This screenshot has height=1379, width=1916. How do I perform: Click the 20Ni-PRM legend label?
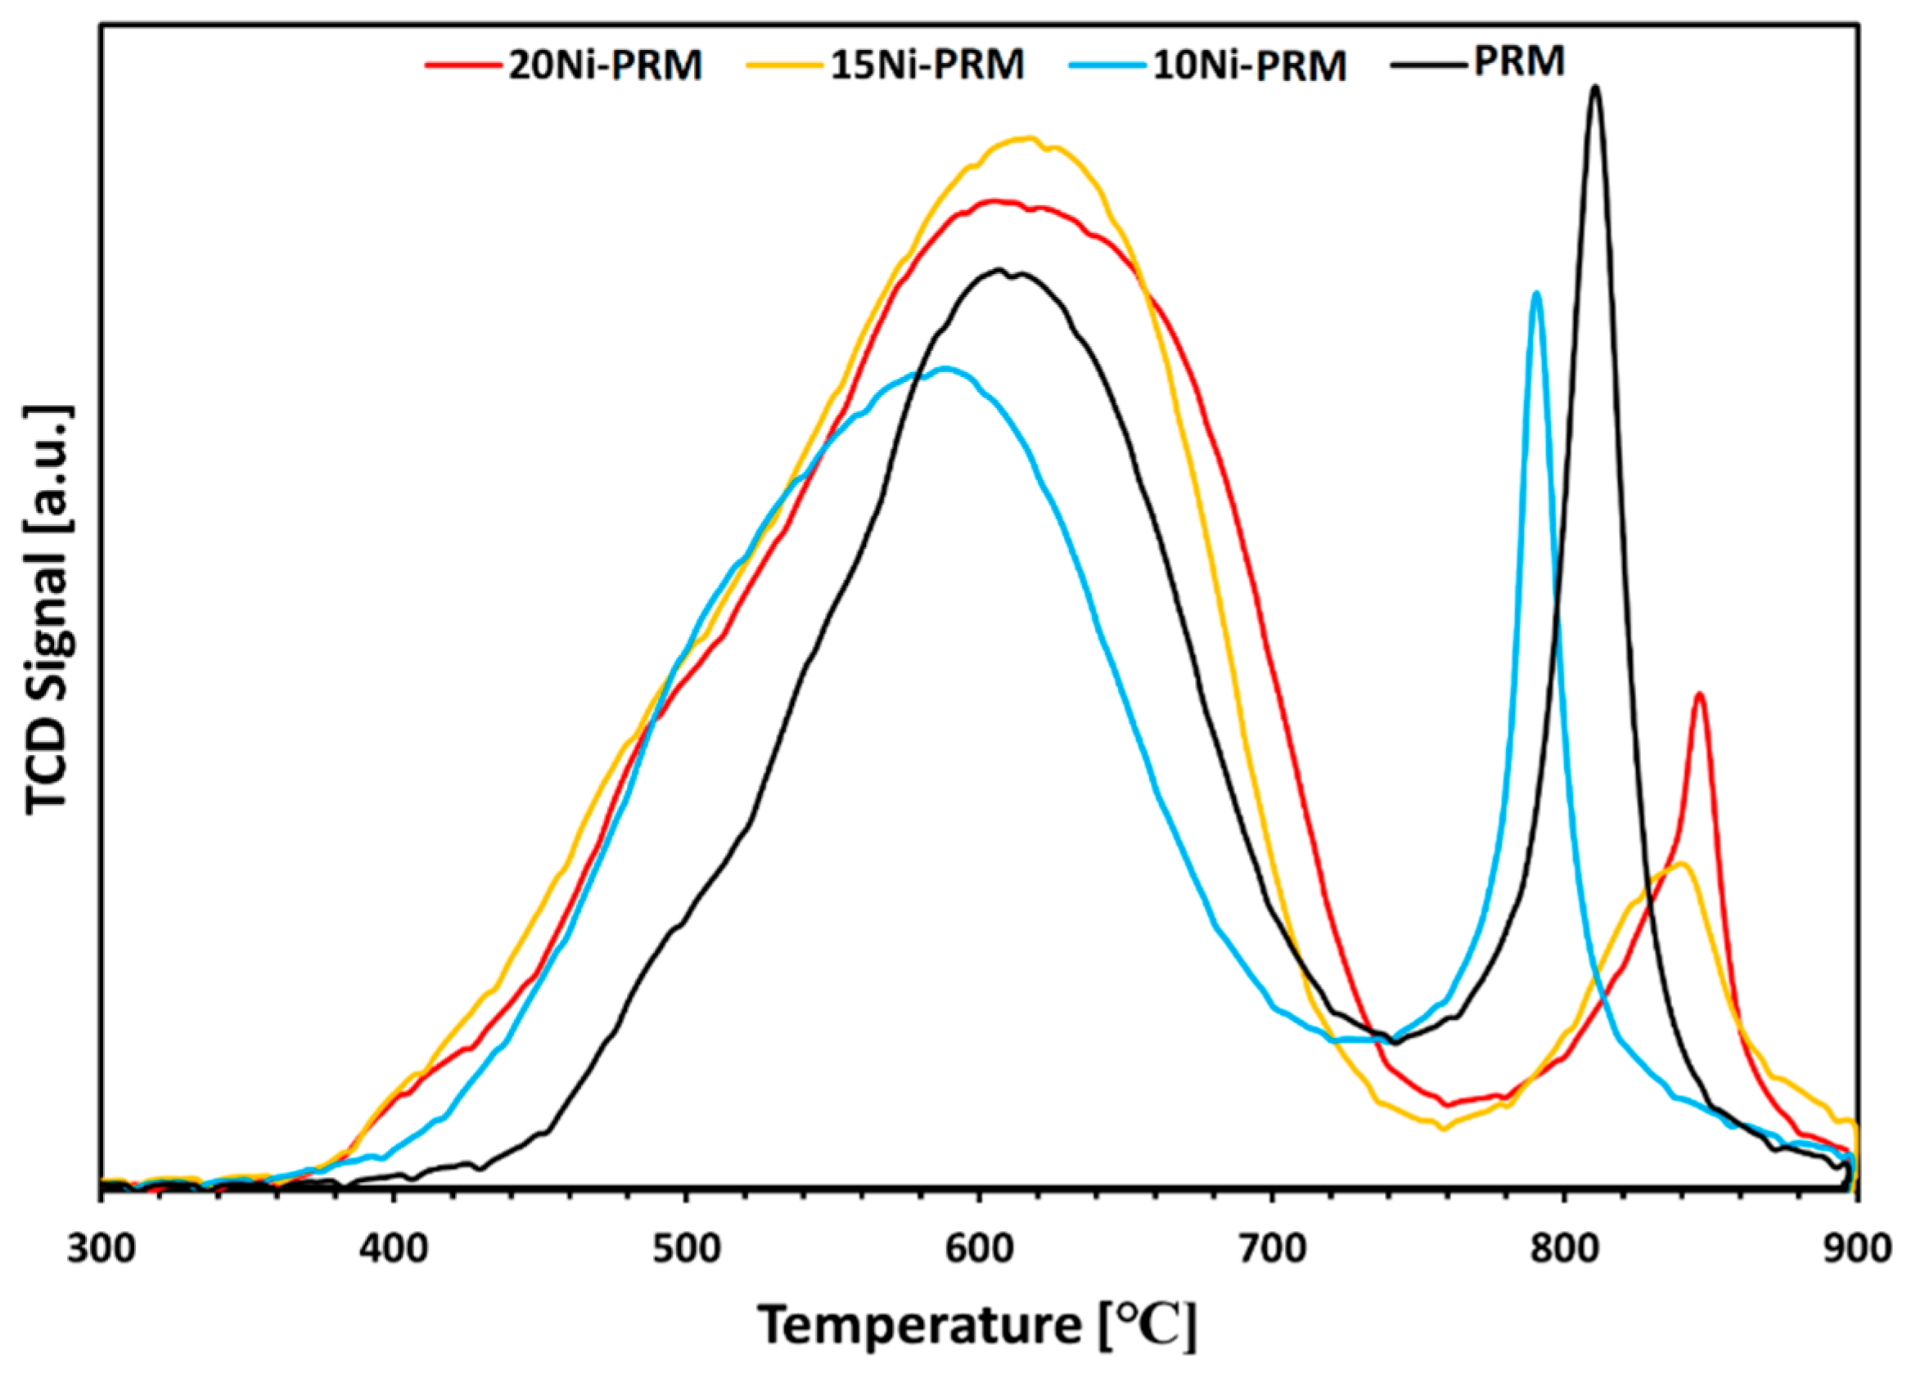click(605, 66)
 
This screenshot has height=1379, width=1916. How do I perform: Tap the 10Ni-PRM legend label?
click(1250, 66)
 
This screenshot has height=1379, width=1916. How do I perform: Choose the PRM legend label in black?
click(1519, 61)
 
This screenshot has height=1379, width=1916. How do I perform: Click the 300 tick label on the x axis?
click(101, 1249)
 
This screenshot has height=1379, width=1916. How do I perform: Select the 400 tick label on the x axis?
click(393, 1249)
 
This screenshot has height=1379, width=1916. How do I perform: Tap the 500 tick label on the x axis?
click(686, 1249)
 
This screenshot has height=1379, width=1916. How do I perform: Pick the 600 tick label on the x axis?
click(978, 1249)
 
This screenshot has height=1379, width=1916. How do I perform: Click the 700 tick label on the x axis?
click(1271, 1249)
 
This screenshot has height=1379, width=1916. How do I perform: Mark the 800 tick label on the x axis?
click(1564, 1249)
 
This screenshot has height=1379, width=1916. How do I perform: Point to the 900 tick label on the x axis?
click(1855, 1249)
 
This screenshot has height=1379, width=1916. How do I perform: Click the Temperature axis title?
click(977, 1325)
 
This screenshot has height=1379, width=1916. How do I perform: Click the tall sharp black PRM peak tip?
click(1595, 87)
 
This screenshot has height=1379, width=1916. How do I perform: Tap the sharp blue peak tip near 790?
click(1536, 293)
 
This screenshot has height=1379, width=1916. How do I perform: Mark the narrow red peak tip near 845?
click(1699, 694)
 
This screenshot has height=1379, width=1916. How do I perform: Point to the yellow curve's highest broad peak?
click(1026, 137)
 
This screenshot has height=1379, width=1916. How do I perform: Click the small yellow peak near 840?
click(1681, 863)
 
